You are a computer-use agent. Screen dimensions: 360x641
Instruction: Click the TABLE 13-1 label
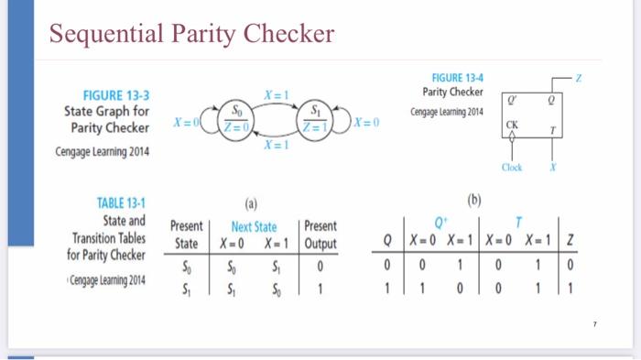(x=121, y=204)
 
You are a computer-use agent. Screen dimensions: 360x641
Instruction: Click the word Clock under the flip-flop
(x=512, y=169)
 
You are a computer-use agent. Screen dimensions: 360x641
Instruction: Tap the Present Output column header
(x=320, y=235)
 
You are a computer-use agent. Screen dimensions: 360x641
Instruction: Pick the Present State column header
(x=187, y=235)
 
